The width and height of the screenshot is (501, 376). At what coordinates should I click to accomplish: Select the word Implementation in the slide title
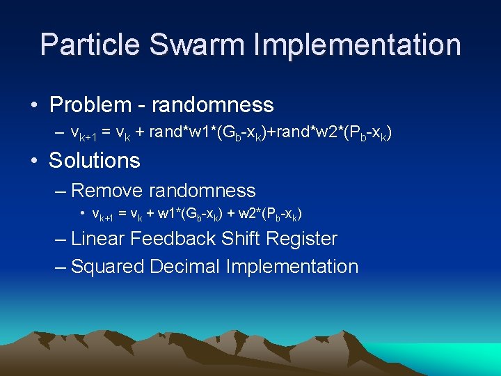point(357,45)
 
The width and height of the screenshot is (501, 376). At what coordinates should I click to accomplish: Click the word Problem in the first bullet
point(90,105)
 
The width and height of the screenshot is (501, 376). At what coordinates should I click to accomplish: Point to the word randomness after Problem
point(212,105)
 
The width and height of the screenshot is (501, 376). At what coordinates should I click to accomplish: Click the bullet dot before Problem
point(33,106)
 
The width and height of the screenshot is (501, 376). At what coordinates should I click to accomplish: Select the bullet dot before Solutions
point(33,161)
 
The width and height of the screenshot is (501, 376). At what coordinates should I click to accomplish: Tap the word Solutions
point(95,161)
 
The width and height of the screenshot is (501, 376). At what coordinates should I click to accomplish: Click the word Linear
point(98,239)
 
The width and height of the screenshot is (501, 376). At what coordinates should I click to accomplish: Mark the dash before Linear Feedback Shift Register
point(61,240)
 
